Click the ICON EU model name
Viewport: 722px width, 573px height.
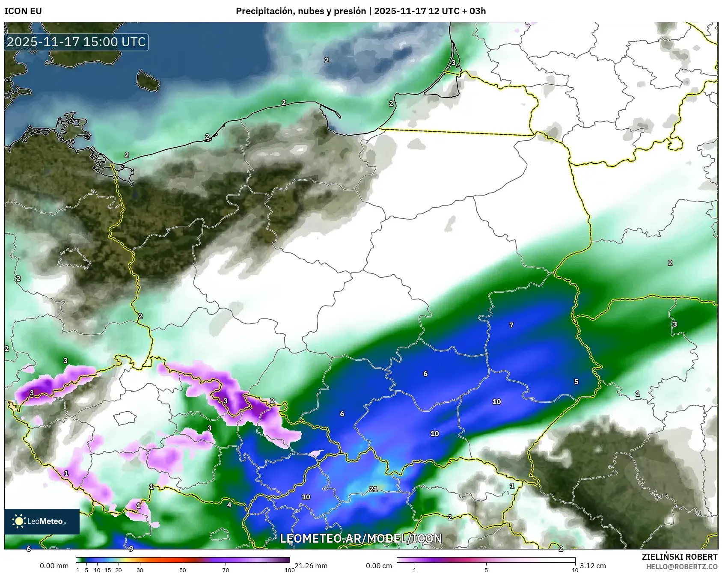pyautogui.click(x=23, y=11)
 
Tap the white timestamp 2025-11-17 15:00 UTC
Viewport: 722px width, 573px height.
pyautogui.click(x=76, y=42)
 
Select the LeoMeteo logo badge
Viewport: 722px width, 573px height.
pyautogui.click(x=42, y=521)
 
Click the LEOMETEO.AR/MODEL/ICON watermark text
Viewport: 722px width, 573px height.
pyautogui.click(x=361, y=538)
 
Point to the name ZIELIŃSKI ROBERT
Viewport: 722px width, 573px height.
pyautogui.click(x=679, y=557)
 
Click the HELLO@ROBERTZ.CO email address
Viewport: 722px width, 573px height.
pyautogui.click(x=681, y=567)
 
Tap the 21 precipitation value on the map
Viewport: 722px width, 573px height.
pyautogui.click(x=373, y=489)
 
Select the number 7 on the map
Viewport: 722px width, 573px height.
pyautogui.click(x=511, y=325)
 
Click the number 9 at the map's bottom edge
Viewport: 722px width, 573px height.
pyautogui.click(x=131, y=548)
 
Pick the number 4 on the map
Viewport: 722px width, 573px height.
pyautogui.click(x=229, y=505)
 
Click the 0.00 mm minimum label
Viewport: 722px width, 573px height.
pyautogui.click(x=54, y=566)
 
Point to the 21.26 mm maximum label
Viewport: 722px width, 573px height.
pyautogui.click(x=311, y=566)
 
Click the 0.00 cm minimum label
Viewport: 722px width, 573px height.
pyautogui.click(x=379, y=566)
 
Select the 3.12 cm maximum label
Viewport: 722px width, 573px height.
pyautogui.click(x=593, y=566)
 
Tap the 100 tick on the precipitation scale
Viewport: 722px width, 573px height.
pyautogui.click(x=290, y=570)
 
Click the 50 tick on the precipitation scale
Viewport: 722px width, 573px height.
pyautogui.click(x=183, y=570)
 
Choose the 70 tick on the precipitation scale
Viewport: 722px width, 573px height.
pyautogui.click(x=226, y=570)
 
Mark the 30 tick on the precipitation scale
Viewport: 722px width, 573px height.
pyautogui.click(x=140, y=570)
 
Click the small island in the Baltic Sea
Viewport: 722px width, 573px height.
pyautogui.click(x=148, y=80)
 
